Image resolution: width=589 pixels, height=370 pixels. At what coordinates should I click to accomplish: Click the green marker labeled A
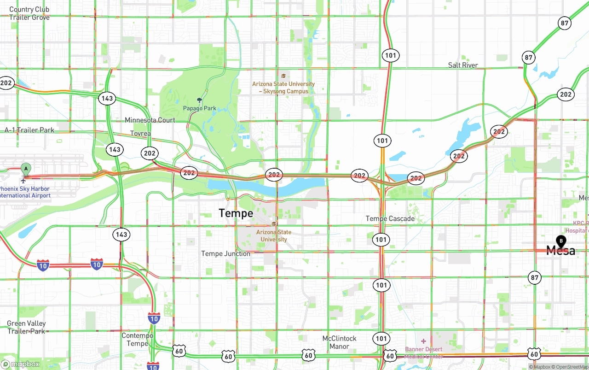[26, 169]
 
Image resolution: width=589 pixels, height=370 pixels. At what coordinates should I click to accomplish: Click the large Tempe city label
[236, 213]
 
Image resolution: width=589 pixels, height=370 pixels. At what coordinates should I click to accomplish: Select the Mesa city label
[560, 251]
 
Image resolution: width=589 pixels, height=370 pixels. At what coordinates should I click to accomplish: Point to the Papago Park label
[199, 108]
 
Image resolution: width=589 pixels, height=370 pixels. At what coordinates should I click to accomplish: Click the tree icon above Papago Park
[199, 100]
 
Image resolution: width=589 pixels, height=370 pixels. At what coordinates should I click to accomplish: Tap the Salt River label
[463, 65]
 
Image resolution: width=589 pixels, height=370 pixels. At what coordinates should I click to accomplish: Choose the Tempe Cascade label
[390, 218]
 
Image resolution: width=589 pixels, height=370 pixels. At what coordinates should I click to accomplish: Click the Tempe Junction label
[225, 253]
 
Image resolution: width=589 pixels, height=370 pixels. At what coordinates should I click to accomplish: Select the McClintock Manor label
[339, 342]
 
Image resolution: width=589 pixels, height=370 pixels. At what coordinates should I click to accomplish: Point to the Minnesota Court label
[150, 120]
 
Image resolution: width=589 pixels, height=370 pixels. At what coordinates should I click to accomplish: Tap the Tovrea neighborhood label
[140, 133]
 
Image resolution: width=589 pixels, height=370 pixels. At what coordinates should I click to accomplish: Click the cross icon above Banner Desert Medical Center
[423, 341]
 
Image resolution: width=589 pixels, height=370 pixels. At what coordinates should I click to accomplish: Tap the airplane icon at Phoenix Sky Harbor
[23, 180]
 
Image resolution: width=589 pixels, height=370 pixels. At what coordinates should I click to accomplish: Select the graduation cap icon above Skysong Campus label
[283, 76]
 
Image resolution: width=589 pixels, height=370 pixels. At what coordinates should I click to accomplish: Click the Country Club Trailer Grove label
[29, 13]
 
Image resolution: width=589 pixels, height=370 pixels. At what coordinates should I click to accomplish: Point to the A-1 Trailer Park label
[29, 130]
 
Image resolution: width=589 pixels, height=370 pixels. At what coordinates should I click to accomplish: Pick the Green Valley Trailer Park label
[26, 327]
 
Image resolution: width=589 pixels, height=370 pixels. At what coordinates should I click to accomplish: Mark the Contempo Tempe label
[137, 339]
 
